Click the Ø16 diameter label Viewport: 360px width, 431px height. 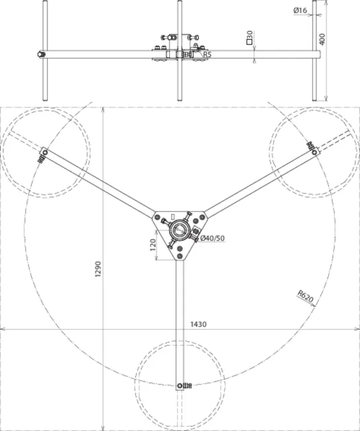click(x=300, y=10)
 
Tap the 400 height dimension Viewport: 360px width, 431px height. click(x=322, y=39)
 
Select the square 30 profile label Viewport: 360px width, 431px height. click(x=250, y=38)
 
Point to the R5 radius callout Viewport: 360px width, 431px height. click(x=207, y=54)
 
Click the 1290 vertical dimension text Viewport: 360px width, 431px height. click(x=98, y=269)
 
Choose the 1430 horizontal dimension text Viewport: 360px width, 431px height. click(x=198, y=324)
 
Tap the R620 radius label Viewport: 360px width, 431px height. click(x=305, y=297)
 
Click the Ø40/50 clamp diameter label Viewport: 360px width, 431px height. click(x=212, y=238)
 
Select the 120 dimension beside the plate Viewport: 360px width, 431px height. click(x=153, y=245)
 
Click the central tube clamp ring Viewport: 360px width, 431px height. click(x=179, y=229)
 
